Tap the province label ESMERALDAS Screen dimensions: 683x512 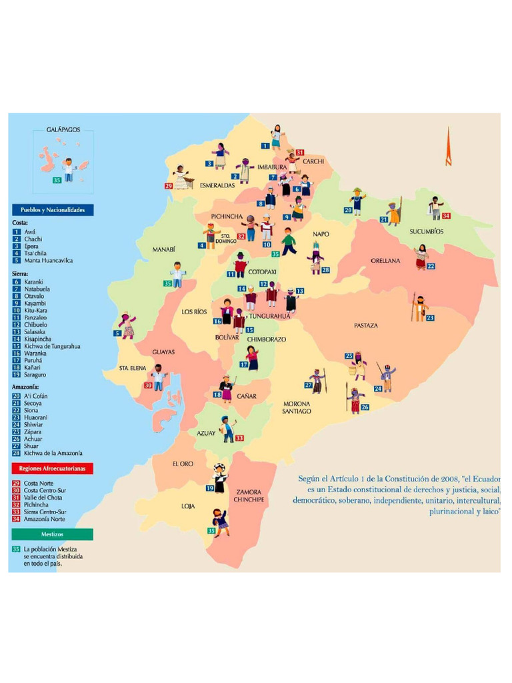(x=217, y=185)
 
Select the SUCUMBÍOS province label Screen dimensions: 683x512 (x=427, y=231)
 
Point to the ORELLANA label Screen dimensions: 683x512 (x=385, y=261)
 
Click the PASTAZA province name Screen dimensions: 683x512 (x=365, y=325)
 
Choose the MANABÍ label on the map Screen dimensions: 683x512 (x=163, y=249)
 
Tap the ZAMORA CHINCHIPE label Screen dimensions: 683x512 (x=249, y=496)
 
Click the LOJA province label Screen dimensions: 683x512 (x=188, y=506)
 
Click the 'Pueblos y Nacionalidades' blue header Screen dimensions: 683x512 (x=52, y=209)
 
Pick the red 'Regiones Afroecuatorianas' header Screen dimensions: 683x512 (x=52, y=469)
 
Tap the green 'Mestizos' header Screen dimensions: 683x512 (x=52, y=534)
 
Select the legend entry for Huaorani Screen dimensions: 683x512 (x=35, y=418)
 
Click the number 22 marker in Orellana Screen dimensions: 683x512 (x=431, y=266)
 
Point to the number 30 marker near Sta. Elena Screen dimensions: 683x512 (x=148, y=385)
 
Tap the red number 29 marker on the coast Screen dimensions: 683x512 (x=168, y=186)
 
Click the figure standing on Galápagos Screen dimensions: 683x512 (x=68, y=169)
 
